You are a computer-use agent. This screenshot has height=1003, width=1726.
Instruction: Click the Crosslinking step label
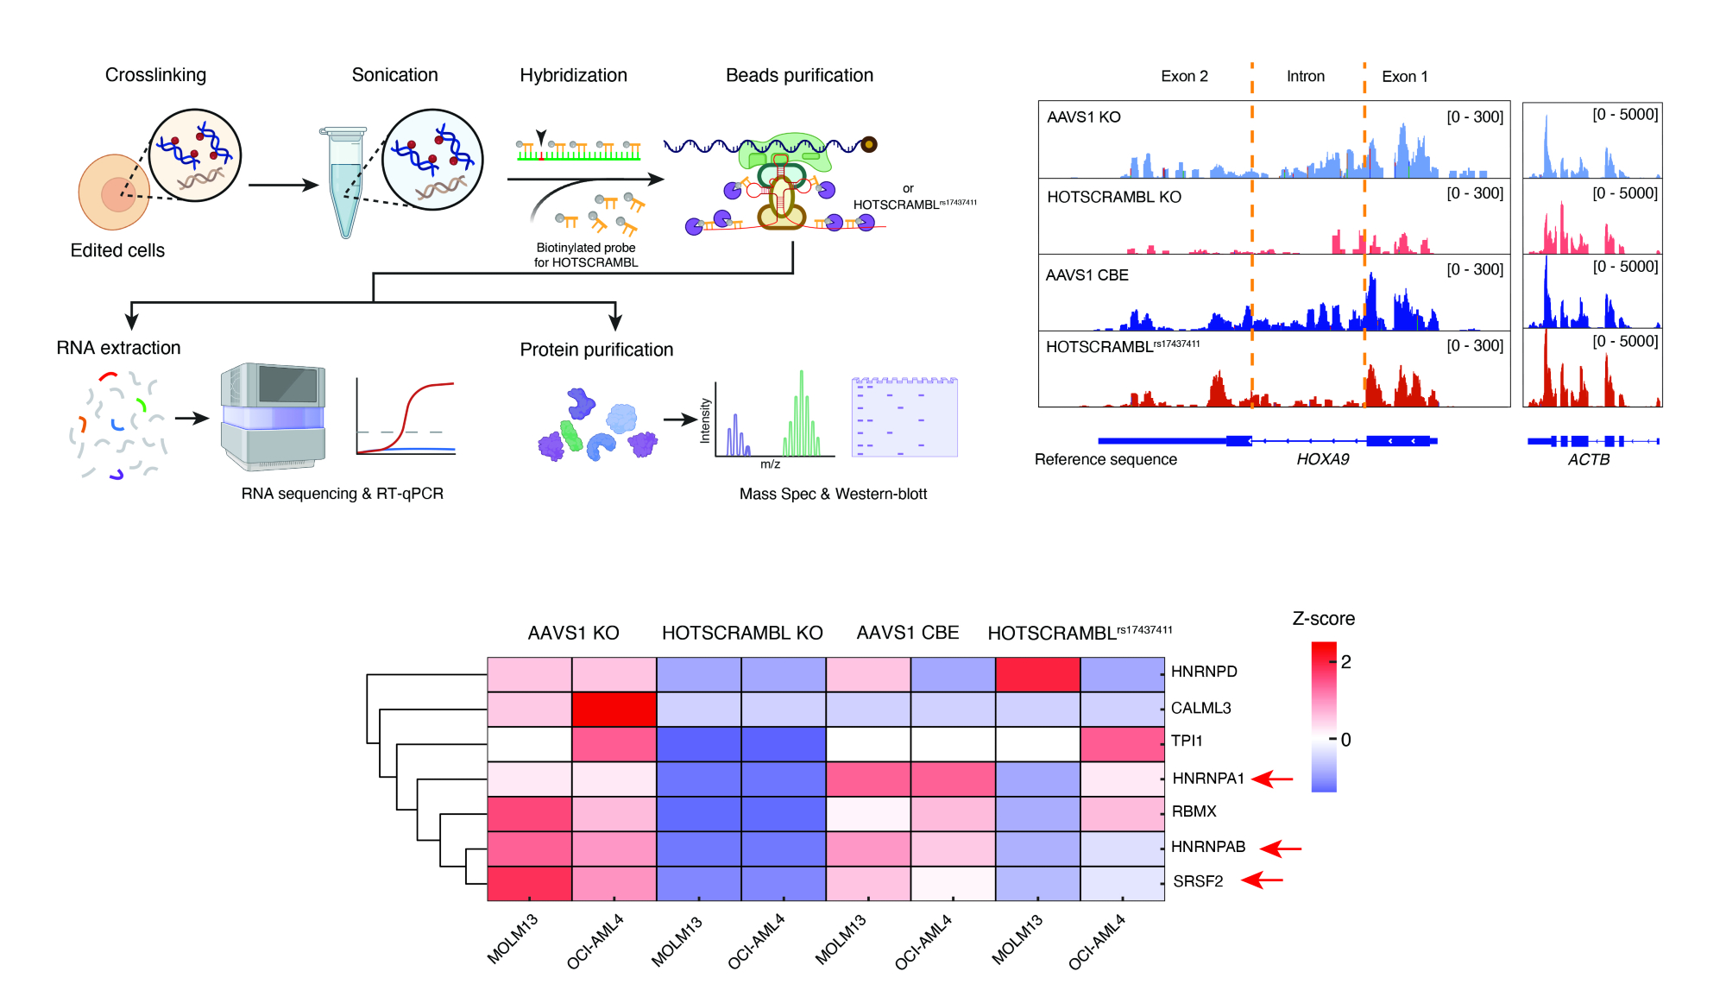[155, 75]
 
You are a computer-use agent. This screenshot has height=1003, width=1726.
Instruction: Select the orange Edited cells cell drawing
[115, 192]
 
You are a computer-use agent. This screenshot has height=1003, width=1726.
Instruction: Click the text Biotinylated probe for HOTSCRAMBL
[586, 255]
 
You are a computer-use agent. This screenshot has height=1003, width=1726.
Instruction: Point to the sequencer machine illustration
[273, 416]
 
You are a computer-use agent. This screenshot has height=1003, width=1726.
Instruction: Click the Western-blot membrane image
[904, 417]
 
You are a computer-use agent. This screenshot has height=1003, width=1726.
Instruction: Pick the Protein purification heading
[596, 350]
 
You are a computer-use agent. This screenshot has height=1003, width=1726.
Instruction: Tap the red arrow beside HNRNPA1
[1273, 779]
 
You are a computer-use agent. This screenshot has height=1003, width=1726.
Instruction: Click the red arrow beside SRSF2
[1263, 880]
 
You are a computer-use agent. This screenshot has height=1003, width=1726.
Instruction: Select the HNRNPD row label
[1204, 672]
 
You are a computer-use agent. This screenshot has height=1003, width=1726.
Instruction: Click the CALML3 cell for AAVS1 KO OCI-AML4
[614, 709]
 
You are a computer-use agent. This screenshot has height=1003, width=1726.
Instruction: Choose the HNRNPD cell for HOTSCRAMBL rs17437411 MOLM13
[1037, 674]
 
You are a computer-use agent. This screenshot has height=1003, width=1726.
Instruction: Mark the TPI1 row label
[1187, 741]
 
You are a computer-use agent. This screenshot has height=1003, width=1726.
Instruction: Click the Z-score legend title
[1323, 619]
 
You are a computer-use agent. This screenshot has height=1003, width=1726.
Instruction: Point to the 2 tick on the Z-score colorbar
[1345, 662]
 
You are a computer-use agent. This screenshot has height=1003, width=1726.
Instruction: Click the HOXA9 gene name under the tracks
[1322, 459]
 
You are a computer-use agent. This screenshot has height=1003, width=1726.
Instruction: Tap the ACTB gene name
[1589, 459]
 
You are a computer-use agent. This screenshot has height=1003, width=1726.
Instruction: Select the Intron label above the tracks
[1305, 76]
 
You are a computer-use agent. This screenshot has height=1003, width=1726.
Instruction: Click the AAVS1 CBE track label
[1087, 275]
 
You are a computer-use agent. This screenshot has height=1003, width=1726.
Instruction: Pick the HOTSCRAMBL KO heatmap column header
[742, 633]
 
